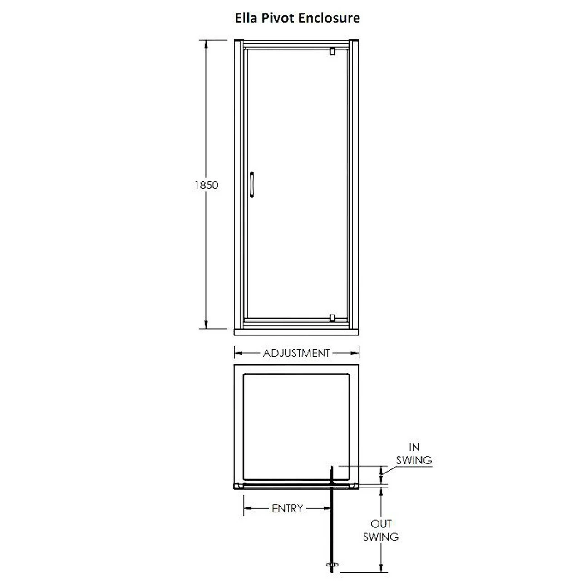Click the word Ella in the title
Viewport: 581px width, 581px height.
(x=246, y=18)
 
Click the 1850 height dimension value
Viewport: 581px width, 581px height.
(x=207, y=185)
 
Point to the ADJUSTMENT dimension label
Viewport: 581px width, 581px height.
(x=296, y=353)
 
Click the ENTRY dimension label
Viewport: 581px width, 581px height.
(x=287, y=509)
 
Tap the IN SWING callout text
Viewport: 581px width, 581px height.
(x=414, y=454)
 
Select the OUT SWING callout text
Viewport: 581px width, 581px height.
(x=381, y=530)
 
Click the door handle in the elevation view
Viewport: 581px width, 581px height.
(x=251, y=185)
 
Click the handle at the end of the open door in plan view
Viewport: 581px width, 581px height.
(x=332, y=564)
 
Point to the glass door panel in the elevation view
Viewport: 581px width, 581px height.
(x=297, y=182)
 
